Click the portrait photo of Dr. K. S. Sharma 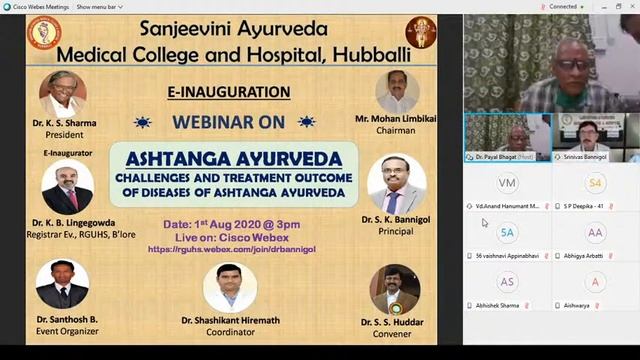[62, 94]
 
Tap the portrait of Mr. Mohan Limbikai [397, 92]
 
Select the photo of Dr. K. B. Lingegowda [68, 187]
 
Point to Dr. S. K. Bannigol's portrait [396, 184]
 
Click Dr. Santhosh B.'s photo [62, 284]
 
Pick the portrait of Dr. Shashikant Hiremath [229, 288]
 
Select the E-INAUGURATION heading [229, 92]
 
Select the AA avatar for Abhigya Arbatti [596, 233]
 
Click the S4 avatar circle [596, 183]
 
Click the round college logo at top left [43, 34]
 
